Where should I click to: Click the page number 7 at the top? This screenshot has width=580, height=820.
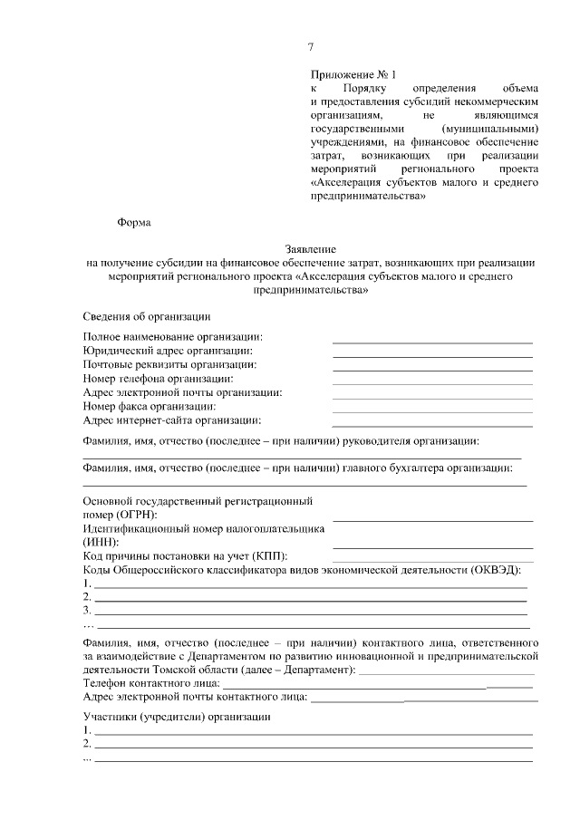click(311, 47)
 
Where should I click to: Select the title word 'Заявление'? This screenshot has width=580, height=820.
click(310, 247)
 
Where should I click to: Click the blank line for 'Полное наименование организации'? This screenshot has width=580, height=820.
click(432, 342)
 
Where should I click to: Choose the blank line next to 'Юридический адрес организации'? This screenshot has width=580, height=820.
click(432, 356)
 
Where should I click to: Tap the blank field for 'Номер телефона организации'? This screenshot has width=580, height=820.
click(432, 384)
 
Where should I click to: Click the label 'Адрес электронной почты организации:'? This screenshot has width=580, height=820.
click(182, 392)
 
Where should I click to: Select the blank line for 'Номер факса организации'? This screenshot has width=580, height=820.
click(432, 412)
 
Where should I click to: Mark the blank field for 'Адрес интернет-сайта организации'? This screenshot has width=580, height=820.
click(432, 426)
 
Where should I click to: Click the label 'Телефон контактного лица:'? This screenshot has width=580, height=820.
click(150, 682)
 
